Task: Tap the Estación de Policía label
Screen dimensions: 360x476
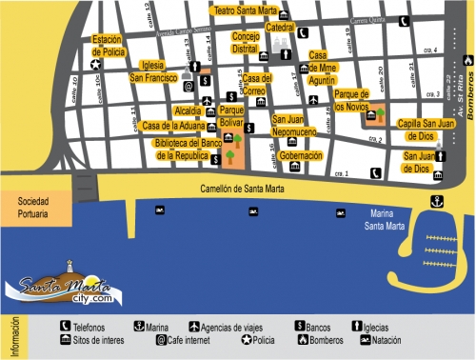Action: pos(106,45)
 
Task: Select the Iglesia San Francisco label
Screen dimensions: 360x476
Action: pos(159,70)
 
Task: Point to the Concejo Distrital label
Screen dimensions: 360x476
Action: pos(245,42)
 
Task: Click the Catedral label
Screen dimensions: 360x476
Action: pos(280,29)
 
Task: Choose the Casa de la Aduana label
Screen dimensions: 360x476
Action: pos(172,126)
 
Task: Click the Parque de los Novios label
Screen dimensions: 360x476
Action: pos(351,100)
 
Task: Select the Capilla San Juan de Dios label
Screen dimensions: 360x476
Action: pos(425,130)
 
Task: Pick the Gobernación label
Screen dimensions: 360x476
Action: pos(301,154)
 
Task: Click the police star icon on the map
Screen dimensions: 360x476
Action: pos(95,65)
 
